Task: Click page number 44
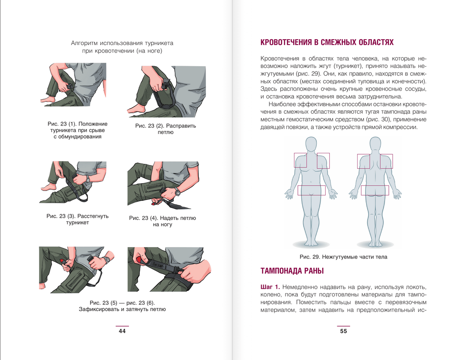click(x=122, y=331)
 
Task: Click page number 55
click(x=343, y=331)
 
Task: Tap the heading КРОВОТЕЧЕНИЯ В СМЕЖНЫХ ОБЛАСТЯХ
click(x=327, y=43)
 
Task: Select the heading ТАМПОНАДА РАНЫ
click(x=292, y=271)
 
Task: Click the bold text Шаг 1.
click(x=270, y=287)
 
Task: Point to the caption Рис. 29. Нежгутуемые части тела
click(x=343, y=257)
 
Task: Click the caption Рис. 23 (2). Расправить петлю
click(x=166, y=129)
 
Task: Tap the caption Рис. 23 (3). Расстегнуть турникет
click(x=77, y=219)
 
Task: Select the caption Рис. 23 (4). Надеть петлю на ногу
click(x=163, y=221)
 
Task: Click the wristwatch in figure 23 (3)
click(x=87, y=179)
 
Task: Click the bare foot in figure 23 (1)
click(x=48, y=99)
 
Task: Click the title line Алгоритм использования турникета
click(x=122, y=43)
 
